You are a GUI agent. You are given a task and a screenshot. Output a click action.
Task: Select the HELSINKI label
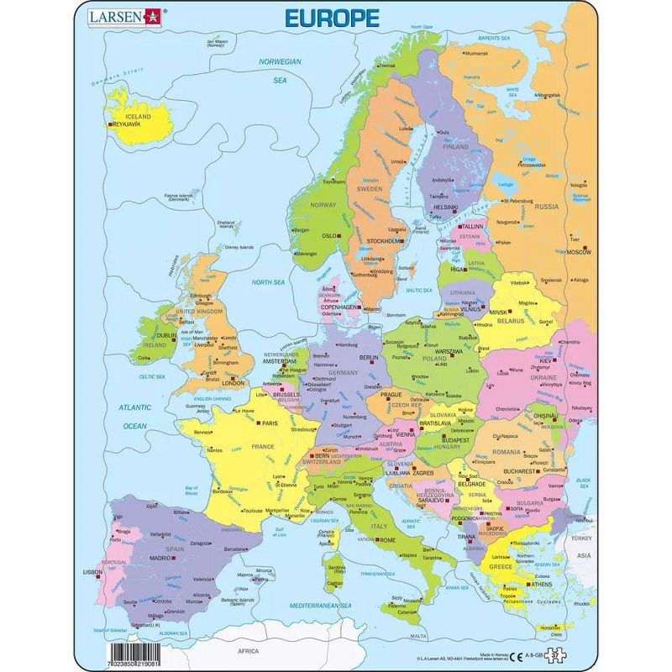tap(445, 207)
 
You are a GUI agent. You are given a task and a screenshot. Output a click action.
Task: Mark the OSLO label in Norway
tap(328, 236)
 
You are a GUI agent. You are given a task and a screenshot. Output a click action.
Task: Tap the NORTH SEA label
tap(269, 282)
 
